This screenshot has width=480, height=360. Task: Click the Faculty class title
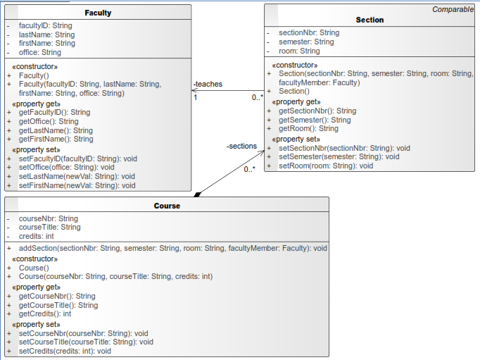[98, 13]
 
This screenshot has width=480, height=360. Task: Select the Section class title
[370, 20]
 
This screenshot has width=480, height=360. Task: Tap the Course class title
[167, 206]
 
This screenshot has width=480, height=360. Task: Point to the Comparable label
[453, 9]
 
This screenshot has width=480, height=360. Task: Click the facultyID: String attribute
[45, 26]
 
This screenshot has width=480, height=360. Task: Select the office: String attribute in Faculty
[40, 52]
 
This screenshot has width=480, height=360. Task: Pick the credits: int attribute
[36, 236]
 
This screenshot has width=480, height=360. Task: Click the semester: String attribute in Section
[306, 42]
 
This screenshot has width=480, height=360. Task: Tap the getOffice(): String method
[49, 121]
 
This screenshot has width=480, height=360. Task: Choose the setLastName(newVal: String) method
[77, 176]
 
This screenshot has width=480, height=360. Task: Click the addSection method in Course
[173, 248]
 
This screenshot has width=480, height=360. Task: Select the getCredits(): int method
[45, 314]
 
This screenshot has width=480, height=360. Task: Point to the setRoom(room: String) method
[326, 166]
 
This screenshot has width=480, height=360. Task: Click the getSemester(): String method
[315, 120]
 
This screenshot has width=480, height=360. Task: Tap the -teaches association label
[208, 85]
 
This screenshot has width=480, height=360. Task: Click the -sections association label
[241, 146]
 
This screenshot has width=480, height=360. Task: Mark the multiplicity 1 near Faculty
[195, 98]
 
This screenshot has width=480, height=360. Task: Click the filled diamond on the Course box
[198, 194]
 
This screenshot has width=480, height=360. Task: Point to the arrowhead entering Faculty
[194, 90]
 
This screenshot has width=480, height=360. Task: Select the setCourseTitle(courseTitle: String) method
[86, 342]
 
